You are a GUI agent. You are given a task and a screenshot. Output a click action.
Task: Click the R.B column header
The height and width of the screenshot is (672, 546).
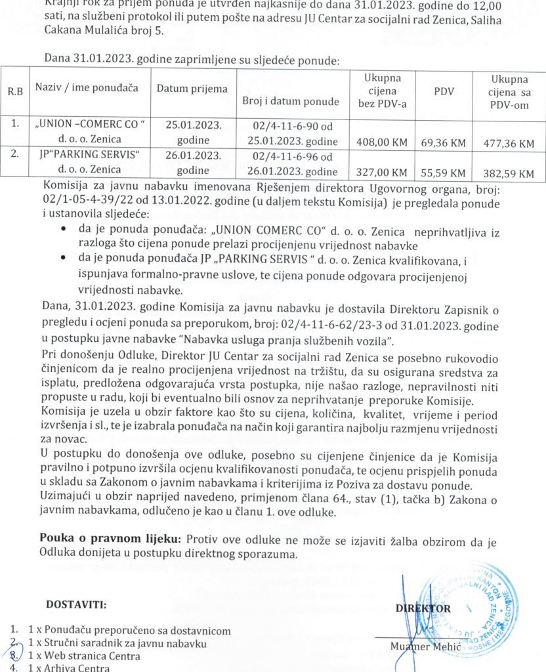click(15, 91)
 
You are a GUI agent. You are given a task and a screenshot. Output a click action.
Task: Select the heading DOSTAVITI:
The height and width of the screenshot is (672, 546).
click(76, 603)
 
